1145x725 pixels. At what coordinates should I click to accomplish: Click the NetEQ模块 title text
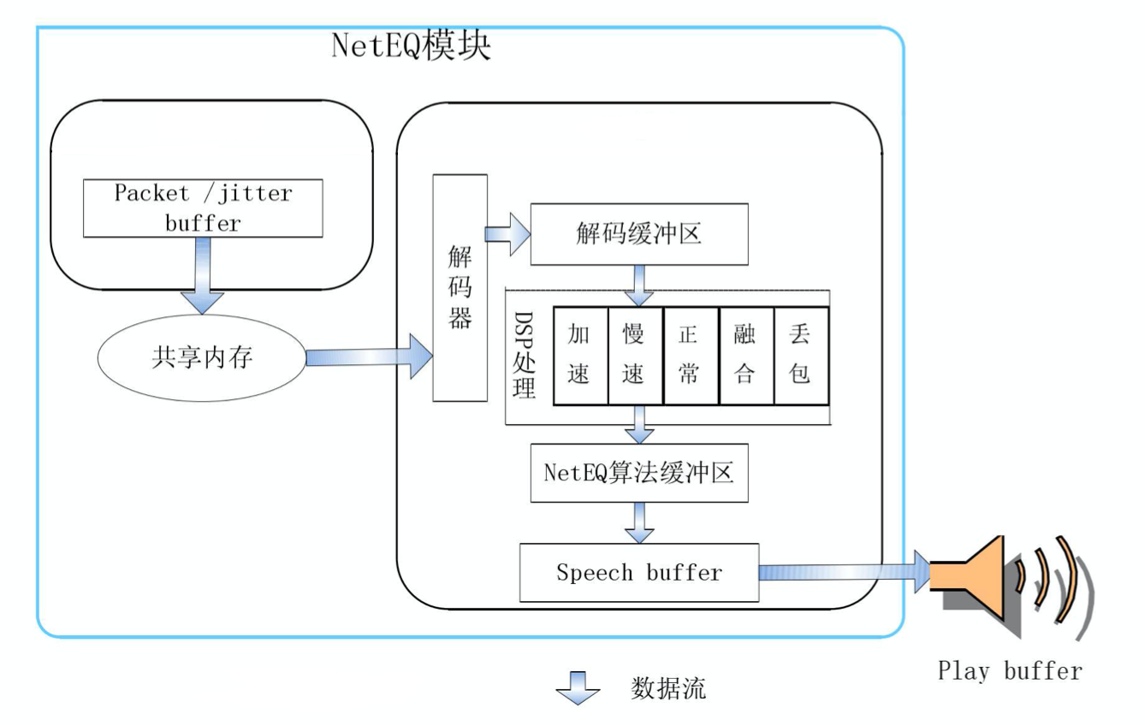click(411, 47)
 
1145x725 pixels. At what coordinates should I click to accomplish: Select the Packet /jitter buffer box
click(203, 208)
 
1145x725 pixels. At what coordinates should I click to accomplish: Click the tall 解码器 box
click(460, 287)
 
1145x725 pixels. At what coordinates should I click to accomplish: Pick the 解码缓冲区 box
click(639, 234)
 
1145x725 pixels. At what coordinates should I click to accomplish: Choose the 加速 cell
click(580, 355)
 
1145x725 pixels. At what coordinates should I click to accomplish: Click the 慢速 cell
click(634, 355)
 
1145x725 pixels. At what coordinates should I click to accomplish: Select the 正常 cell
click(690, 355)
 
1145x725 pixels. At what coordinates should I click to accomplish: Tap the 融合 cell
click(745, 355)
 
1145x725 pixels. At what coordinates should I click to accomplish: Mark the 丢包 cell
click(800, 355)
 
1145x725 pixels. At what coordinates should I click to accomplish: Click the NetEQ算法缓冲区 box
click(639, 472)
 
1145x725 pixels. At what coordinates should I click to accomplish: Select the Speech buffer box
click(639, 572)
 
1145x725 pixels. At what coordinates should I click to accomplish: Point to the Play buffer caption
click(1010, 670)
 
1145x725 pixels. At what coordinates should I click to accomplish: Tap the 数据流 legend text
click(668, 688)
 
